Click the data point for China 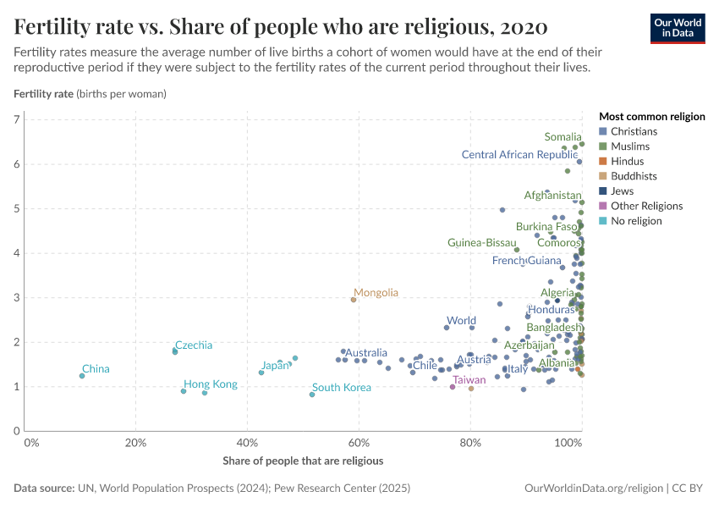pyautogui.click(x=82, y=376)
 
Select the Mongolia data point pyautogui.click(x=354, y=300)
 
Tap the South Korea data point pyautogui.click(x=312, y=395)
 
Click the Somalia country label pyautogui.click(x=563, y=137)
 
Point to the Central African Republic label pyautogui.click(x=519, y=155)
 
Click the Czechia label pyautogui.click(x=194, y=345)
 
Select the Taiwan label pyautogui.click(x=469, y=380)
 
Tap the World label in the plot pyautogui.click(x=461, y=321)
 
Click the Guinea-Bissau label pyautogui.click(x=482, y=243)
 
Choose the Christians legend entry pyautogui.click(x=633, y=131)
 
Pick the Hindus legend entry pyautogui.click(x=627, y=162)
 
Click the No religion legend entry pyautogui.click(x=636, y=221)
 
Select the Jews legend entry pyautogui.click(x=623, y=191)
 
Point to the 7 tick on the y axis pyautogui.click(x=17, y=119)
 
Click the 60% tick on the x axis pyautogui.click(x=359, y=443)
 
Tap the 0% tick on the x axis pyautogui.click(x=31, y=443)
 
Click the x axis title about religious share pyautogui.click(x=303, y=461)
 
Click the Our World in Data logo pyautogui.click(x=677, y=27)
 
